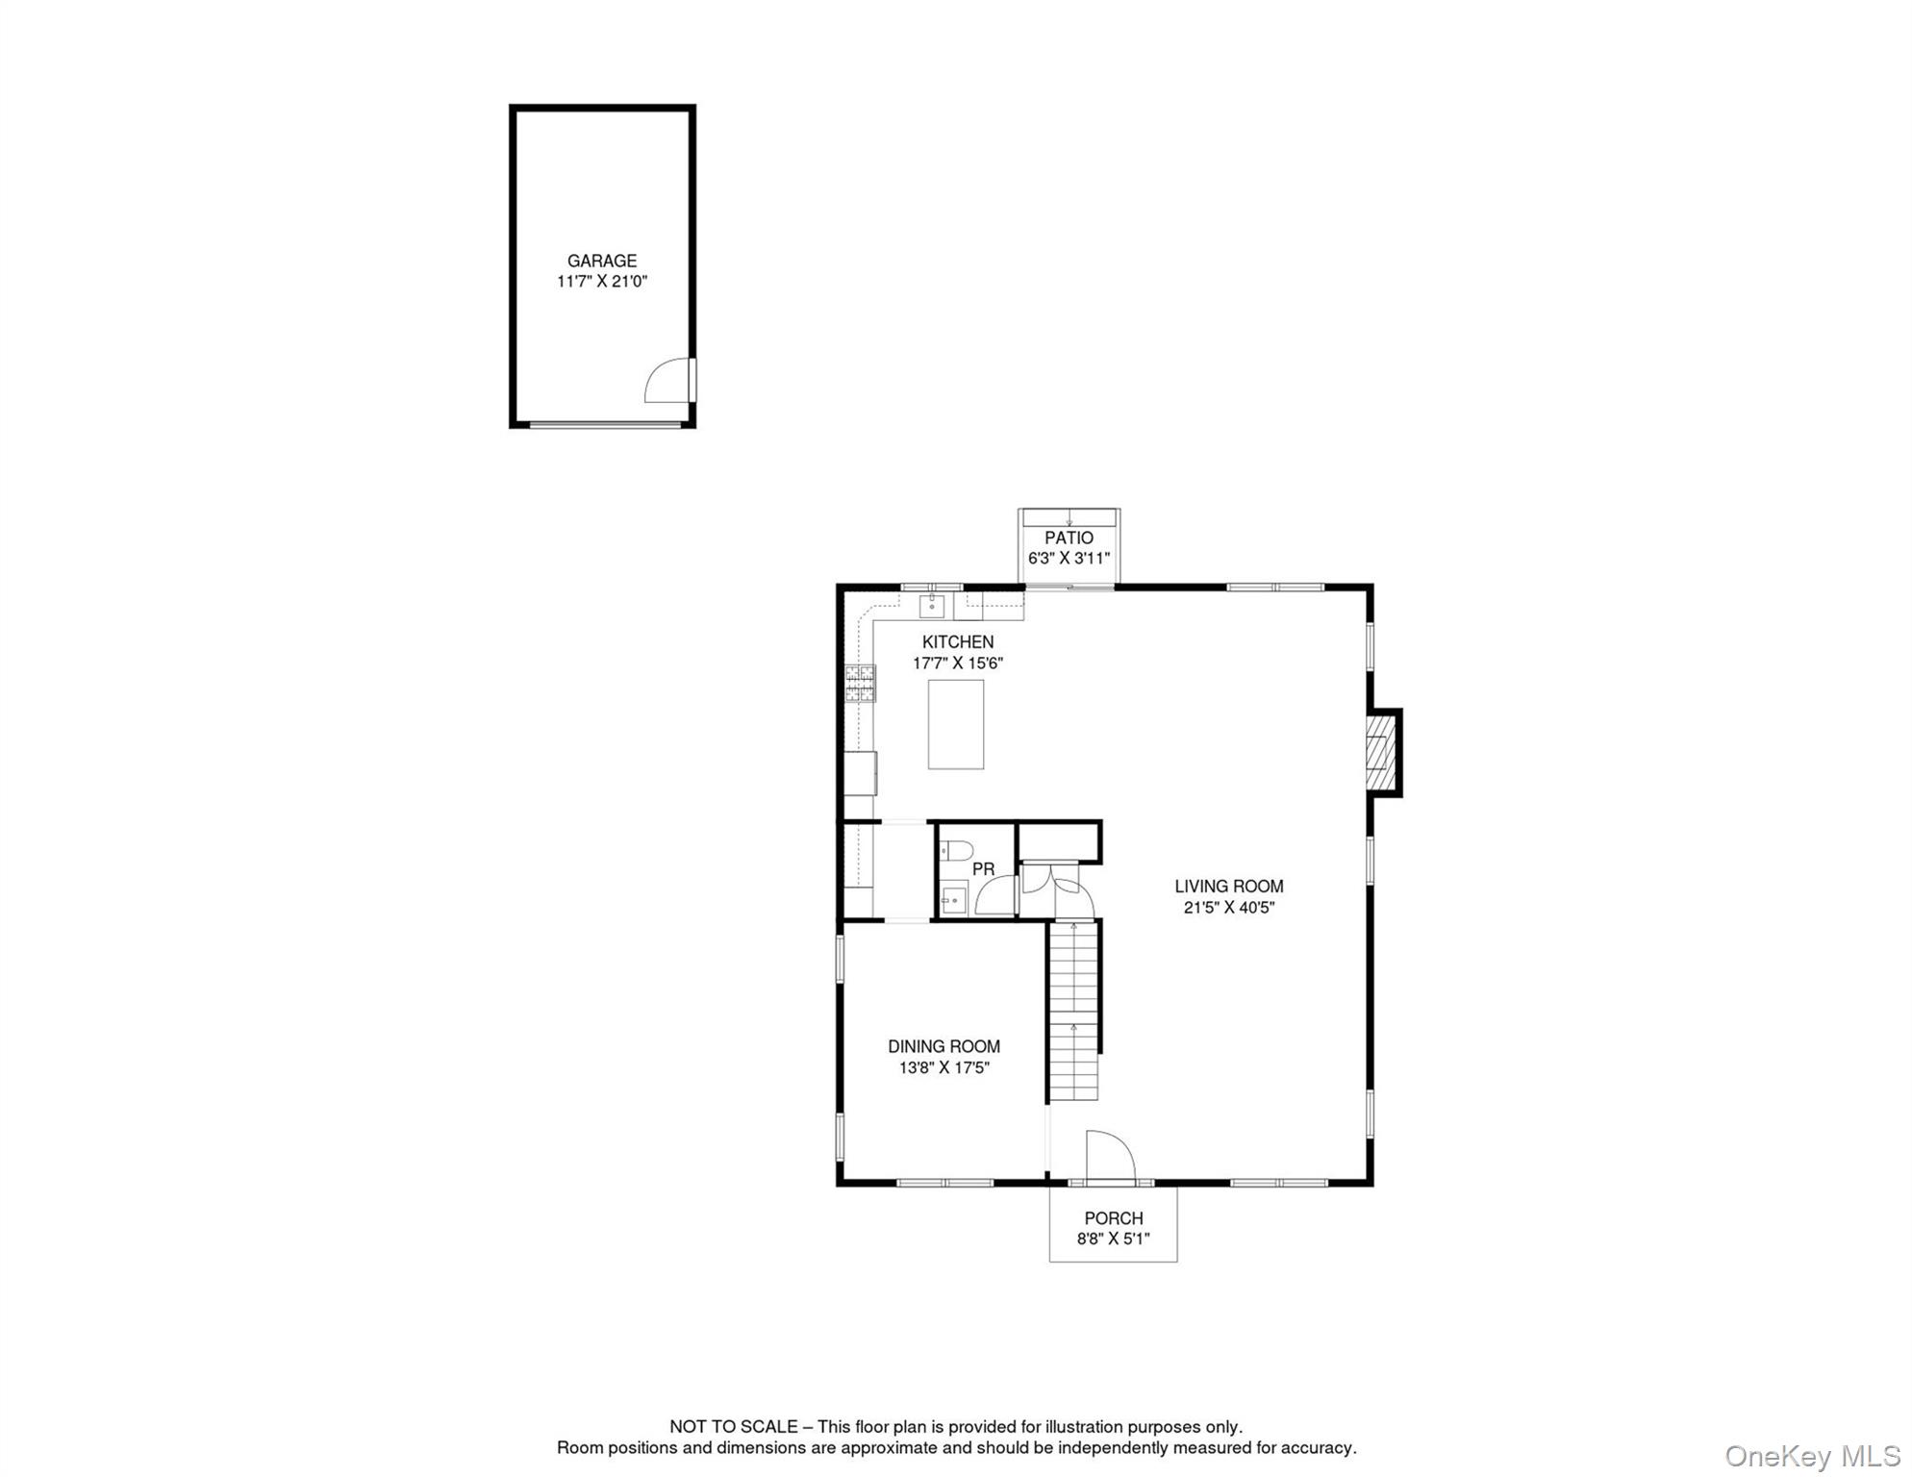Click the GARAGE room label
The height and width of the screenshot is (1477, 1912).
click(x=601, y=261)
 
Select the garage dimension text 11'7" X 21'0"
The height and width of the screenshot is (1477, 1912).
click(x=601, y=282)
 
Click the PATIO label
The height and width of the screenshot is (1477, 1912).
click(x=1069, y=538)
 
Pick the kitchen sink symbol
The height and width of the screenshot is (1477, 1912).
click(x=931, y=606)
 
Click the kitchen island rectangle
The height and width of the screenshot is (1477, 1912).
click(x=955, y=724)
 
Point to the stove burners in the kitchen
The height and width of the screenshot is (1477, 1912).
click(x=860, y=683)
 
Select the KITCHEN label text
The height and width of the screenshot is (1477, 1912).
click(x=957, y=641)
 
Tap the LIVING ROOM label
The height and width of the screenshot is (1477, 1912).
click(x=1228, y=887)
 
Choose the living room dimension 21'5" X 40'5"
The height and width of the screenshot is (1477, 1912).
click(x=1228, y=908)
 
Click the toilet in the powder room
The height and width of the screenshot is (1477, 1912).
click(x=956, y=850)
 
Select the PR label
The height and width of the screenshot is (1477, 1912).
click(x=983, y=869)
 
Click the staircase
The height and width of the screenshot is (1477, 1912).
click(x=1073, y=1010)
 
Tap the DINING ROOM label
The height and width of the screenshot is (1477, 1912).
click(x=943, y=1046)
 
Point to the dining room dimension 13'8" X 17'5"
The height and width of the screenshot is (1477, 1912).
click(x=943, y=1067)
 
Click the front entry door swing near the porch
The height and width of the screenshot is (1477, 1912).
click(x=1109, y=1156)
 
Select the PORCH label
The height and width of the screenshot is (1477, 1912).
click(x=1113, y=1218)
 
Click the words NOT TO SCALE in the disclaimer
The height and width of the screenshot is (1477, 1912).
click(x=733, y=1427)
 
